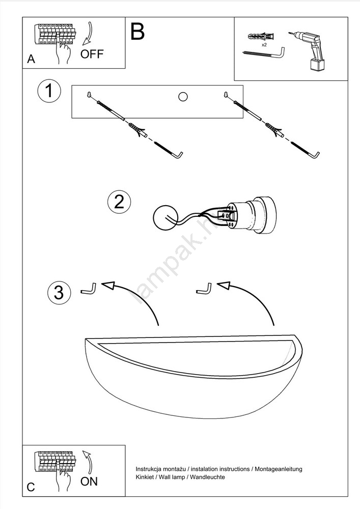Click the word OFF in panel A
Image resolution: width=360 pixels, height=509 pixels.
[x=92, y=54]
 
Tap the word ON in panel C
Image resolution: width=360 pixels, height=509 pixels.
[x=89, y=482]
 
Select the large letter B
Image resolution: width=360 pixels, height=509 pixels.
[x=137, y=32]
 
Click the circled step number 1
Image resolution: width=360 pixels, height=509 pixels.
[x=49, y=91]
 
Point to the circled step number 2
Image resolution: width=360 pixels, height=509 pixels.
[x=119, y=202]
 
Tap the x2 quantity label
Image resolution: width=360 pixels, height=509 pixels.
[x=264, y=45]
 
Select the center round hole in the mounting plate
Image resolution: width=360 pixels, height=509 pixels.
[x=183, y=96]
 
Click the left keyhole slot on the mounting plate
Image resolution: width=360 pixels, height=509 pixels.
[x=89, y=95]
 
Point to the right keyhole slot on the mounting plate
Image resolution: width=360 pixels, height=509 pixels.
[x=226, y=95]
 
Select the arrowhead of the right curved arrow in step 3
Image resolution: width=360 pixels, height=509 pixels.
[x=224, y=285]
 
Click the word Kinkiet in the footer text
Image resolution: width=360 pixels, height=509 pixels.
[x=144, y=477]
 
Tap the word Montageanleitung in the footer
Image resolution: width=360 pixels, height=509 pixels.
[x=278, y=469]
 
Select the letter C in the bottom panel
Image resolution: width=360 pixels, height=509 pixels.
[x=31, y=487]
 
